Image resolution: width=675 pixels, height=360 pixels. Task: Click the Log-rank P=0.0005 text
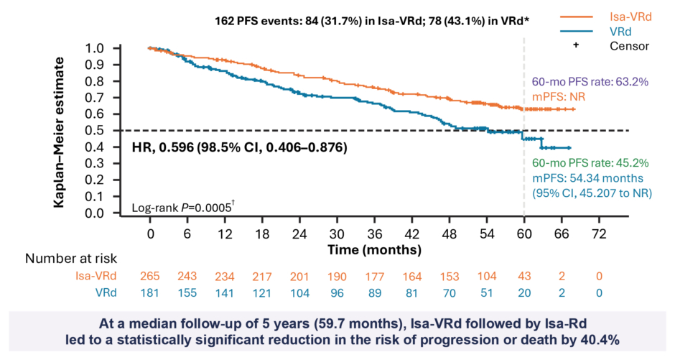[183, 209]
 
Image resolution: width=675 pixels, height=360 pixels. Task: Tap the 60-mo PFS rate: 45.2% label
[585, 164]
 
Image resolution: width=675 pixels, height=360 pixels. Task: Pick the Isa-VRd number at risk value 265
[150, 275]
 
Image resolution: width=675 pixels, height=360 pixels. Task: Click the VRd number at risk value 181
[150, 292]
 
